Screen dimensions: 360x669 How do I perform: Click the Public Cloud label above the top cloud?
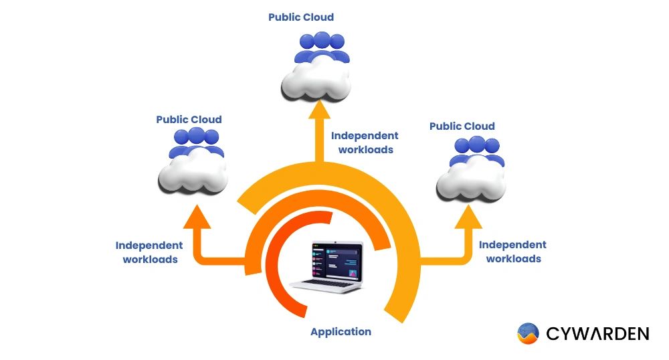pos(301,17)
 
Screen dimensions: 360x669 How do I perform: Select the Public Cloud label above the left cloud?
pos(189,120)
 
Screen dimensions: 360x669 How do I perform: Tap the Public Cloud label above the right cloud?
pos(462,126)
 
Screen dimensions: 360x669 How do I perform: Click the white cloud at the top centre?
pos(313,79)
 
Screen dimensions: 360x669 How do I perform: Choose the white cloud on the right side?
pos(470,181)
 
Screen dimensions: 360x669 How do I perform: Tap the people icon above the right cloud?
pos(476,149)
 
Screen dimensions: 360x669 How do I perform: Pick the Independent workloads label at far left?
pos(149,252)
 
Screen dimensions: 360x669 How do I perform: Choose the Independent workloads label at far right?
pos(512,252)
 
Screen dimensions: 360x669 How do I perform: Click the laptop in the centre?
pos(333,266)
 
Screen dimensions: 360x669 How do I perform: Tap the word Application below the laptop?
pos(340,332)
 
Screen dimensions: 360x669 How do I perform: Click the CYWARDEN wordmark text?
pos(597,333)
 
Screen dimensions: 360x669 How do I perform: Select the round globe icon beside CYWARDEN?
pos(528,333)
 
